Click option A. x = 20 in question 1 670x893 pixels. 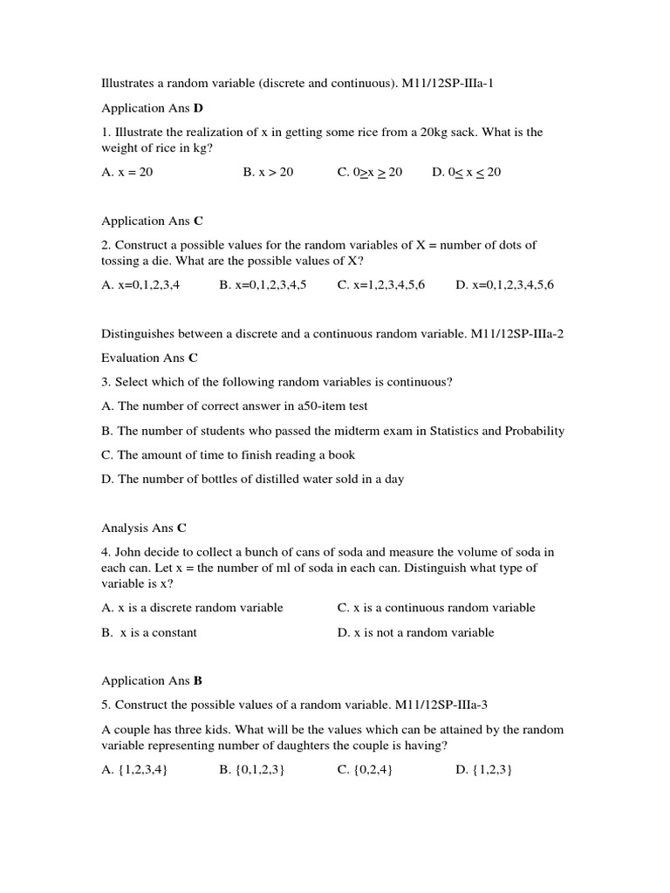pyautogui.click(x=127, y=172)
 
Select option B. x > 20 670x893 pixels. pyautogui.click(x=269, y=172)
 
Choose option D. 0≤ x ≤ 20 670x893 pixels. pyautogui.click(x=467, y=172)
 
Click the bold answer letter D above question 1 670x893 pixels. pyautogui.click(x=198, y=108)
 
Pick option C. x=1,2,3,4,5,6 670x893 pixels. pyautogui.click(x=381, y=284)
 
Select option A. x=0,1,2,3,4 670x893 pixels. pyautogui.click(x=140, y=284)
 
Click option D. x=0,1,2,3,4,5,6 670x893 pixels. pyautogui.click(x=504, y=284)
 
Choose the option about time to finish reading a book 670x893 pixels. pyautogui.click(x=229, y=454)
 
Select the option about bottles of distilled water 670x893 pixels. pyautogui.click(x=253, y=479)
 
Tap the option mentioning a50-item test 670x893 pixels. pyautogui.click(x=235, y=406)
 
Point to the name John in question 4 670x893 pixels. pyautogui.click(x=130, y=552)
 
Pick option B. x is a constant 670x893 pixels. pyautogui.click(x=149, y=632)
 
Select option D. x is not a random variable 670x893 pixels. pyautogui.click(x=415, y=632)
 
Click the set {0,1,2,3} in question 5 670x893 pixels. pyautogui.click(x=252, y=769)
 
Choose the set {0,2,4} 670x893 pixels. pyautogui.click(x=365, y=769)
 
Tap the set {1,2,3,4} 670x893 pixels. pyautogui.click(x=134, y=769)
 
